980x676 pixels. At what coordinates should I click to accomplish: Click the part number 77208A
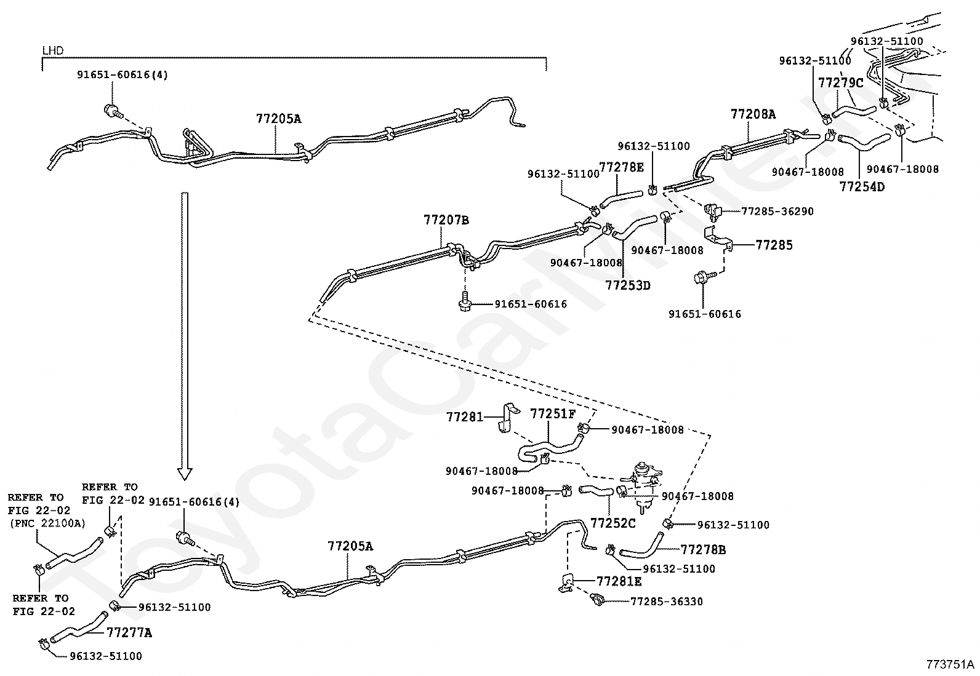pos(753,114)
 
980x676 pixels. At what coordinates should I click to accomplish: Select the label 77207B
pos(446,220)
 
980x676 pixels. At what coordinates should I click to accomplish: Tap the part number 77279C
pos(840,82)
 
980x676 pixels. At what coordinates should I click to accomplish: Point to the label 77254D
pos(862,186)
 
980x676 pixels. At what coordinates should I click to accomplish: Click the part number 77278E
pos(621,167)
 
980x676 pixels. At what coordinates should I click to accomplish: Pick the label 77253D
pos(627,285)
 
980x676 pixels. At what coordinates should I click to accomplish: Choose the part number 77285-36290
pos(777,212)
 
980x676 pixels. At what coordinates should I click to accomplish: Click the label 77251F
pos(553,413)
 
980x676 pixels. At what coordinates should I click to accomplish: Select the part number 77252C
pos(612,523)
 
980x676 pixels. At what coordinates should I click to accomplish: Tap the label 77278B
pos(703,549)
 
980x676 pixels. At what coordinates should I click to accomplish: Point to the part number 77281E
pos(619,581)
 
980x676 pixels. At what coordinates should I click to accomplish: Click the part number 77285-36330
pos(666,602)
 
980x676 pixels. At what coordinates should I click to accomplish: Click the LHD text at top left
pos(53,50)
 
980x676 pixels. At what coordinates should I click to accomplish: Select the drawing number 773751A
pos(950,665)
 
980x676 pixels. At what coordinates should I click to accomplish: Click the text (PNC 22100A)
pos(47,523)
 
